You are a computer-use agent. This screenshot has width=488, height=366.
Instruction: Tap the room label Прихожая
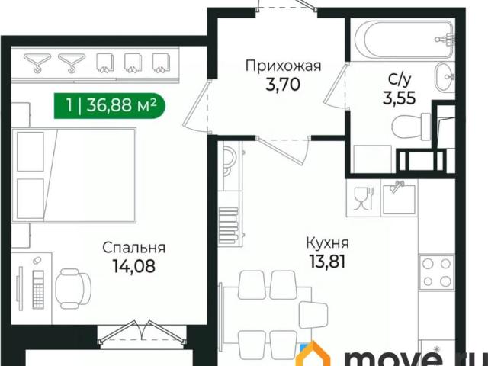283,66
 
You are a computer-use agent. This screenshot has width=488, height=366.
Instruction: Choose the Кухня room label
328,244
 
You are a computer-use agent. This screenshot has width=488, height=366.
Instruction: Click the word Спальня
134,248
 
